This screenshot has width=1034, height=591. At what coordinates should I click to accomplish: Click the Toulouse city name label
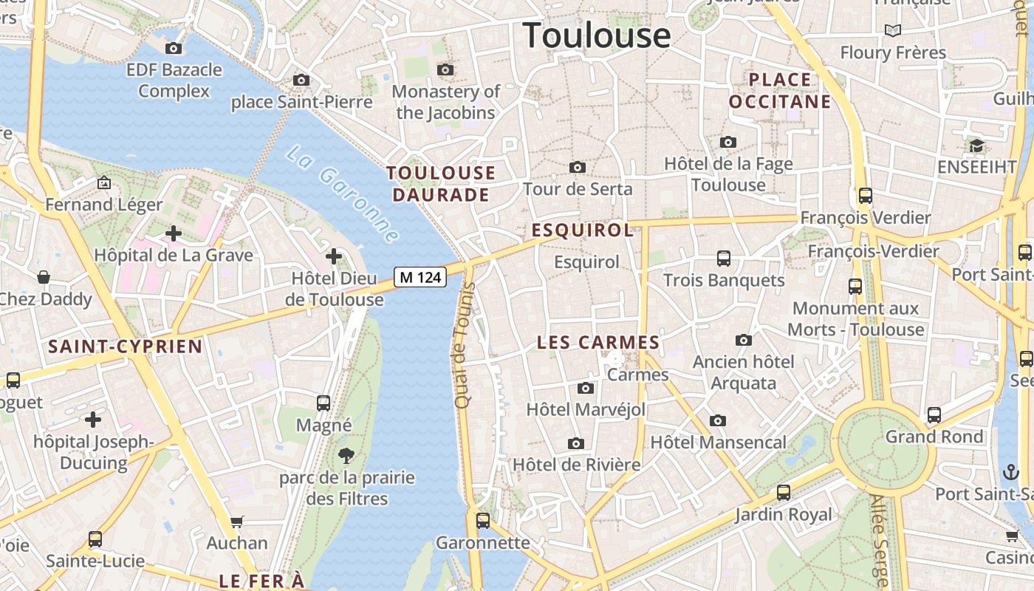tap(597, 35)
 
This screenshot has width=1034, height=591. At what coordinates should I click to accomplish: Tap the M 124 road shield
tap(420, 277)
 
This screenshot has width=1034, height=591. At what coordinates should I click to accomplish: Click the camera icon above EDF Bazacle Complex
tap(174, 49)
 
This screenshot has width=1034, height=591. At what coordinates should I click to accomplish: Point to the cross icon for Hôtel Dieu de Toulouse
tap(334, 256)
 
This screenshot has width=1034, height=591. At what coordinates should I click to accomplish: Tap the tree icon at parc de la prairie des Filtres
tap(346, 456)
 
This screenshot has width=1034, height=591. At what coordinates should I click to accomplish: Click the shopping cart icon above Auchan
tap(237, 522)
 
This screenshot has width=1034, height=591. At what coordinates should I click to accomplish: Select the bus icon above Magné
tap(323, 403)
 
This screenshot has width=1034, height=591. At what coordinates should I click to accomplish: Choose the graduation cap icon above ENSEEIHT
tap(976, 146)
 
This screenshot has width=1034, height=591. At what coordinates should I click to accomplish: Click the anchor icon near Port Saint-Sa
tap(1010, 471)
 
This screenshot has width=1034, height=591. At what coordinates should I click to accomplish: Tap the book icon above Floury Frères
tap(893, 30)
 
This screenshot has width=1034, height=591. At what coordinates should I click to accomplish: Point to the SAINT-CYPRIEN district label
tap(125, 346)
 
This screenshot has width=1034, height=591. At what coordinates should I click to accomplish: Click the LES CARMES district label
tap(598, 343)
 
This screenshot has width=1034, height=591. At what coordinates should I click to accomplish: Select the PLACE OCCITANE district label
tap(780, 90)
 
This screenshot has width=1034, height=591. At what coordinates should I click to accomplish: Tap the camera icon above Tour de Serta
tap(578, 168)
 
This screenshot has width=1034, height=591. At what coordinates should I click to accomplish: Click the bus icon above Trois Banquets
tap(723, 259)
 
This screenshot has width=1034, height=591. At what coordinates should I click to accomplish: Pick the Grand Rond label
tap(934, 437)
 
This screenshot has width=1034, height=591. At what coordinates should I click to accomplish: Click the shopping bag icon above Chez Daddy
tap(44, 277)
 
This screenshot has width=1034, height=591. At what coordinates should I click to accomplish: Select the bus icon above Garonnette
tap(483, 521)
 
